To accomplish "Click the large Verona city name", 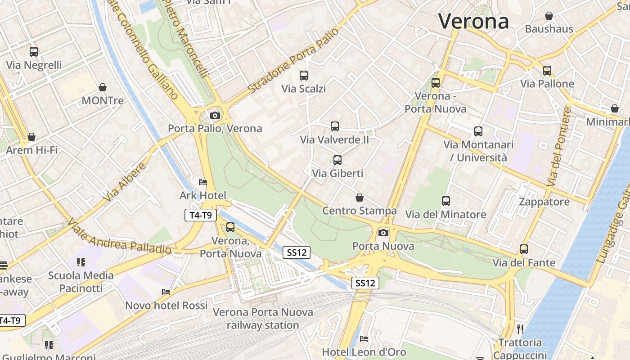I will [x=473, y=21].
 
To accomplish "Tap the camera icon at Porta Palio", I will [x=215, y=115].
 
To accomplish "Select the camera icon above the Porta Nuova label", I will [x=383, y=233].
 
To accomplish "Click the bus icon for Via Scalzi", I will [x=304, y=75].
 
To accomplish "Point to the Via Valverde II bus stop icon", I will [x=334, y=126].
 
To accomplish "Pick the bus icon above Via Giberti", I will [x=337, y=160].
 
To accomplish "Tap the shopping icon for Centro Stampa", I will [x=359, y=198].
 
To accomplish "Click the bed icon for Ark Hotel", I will [x=203, y=182].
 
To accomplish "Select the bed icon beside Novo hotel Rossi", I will [x=166, y=292].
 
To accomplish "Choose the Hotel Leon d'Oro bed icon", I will [x=364, y=338].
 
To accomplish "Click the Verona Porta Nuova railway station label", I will [x=263, y=318].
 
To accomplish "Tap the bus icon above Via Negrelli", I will [x=34, y=52].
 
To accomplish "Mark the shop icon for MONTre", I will [x=103, y=87].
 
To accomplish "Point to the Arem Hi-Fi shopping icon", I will [x=31, y=137].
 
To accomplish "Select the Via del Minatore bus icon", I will [x=446, y=201].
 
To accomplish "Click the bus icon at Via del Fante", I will [x=523, y=249].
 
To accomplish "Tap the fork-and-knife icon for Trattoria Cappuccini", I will [x=520, y=329].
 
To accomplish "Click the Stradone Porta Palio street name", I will [x=293, y=61].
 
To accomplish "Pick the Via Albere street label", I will [x=125, y=182].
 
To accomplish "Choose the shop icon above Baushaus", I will [x=549, y=16].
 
